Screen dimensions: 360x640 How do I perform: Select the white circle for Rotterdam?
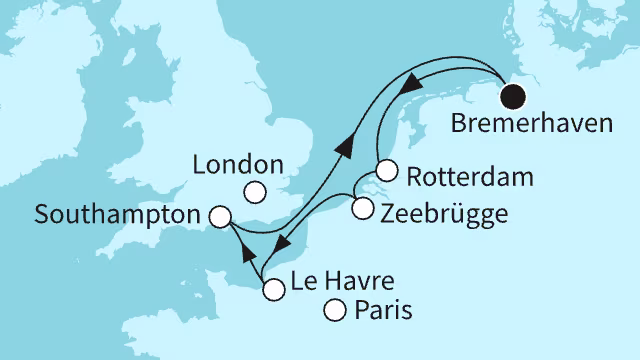point(387,171)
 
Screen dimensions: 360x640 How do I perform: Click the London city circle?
point(257,193)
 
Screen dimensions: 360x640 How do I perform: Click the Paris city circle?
point(335,312)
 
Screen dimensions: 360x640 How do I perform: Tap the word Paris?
point(382,313)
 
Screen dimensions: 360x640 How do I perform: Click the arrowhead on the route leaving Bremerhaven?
point(408,87)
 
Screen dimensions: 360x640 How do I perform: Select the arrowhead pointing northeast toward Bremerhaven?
point(346,148)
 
